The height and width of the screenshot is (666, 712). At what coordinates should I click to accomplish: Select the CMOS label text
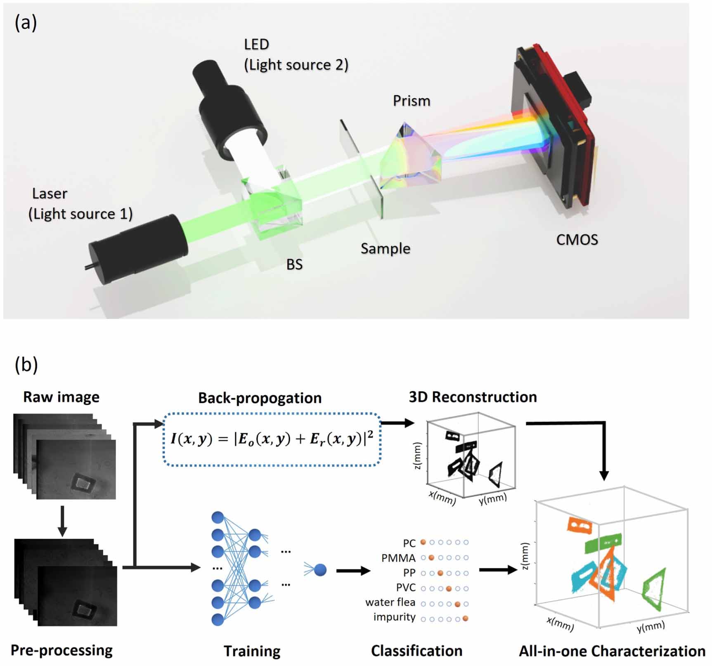577,240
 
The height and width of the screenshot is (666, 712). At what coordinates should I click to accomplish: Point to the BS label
294,265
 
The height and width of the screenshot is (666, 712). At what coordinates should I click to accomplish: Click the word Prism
411,101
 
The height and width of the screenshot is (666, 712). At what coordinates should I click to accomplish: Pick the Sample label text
385,248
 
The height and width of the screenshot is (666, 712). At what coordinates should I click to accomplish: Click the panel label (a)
26,23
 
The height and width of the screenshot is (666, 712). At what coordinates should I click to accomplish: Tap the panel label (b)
26,364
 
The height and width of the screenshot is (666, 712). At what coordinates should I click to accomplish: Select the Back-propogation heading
260,398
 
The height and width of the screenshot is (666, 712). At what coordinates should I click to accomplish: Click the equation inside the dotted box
272,439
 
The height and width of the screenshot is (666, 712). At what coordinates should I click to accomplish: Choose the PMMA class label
398,558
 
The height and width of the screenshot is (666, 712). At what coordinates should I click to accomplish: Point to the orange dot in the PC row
423,542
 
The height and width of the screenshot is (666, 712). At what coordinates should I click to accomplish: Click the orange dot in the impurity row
466,618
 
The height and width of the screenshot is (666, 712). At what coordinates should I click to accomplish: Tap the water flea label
390,602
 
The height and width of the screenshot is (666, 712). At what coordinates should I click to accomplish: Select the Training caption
252,651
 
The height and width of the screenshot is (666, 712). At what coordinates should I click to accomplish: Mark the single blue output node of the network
320,570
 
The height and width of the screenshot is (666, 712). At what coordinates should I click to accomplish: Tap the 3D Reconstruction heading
473,397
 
